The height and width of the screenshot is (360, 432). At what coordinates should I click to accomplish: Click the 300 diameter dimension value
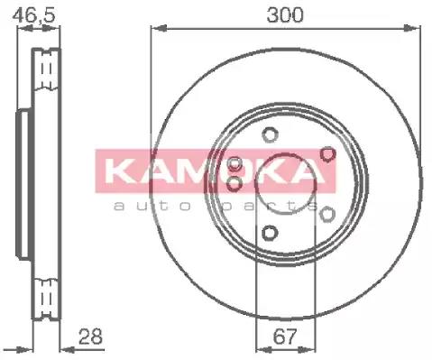[x=286, y=15]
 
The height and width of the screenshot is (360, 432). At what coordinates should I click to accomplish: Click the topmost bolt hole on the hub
[x=269, y=135]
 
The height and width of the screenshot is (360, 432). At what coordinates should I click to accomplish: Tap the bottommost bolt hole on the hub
[x=269, y=235]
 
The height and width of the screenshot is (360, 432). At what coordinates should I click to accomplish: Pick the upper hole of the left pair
[x=235, y=164]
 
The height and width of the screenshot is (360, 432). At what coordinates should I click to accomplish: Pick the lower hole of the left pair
[x=235, y=184]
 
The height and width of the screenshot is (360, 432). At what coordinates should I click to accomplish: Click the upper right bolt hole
[x=327, y=155]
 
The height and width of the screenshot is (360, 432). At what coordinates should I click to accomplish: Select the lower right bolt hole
[x=327, y=214]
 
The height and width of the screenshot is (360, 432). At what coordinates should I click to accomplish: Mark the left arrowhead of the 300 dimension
[x=153, y=31]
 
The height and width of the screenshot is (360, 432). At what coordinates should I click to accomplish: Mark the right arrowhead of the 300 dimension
[x=418, y=31]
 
